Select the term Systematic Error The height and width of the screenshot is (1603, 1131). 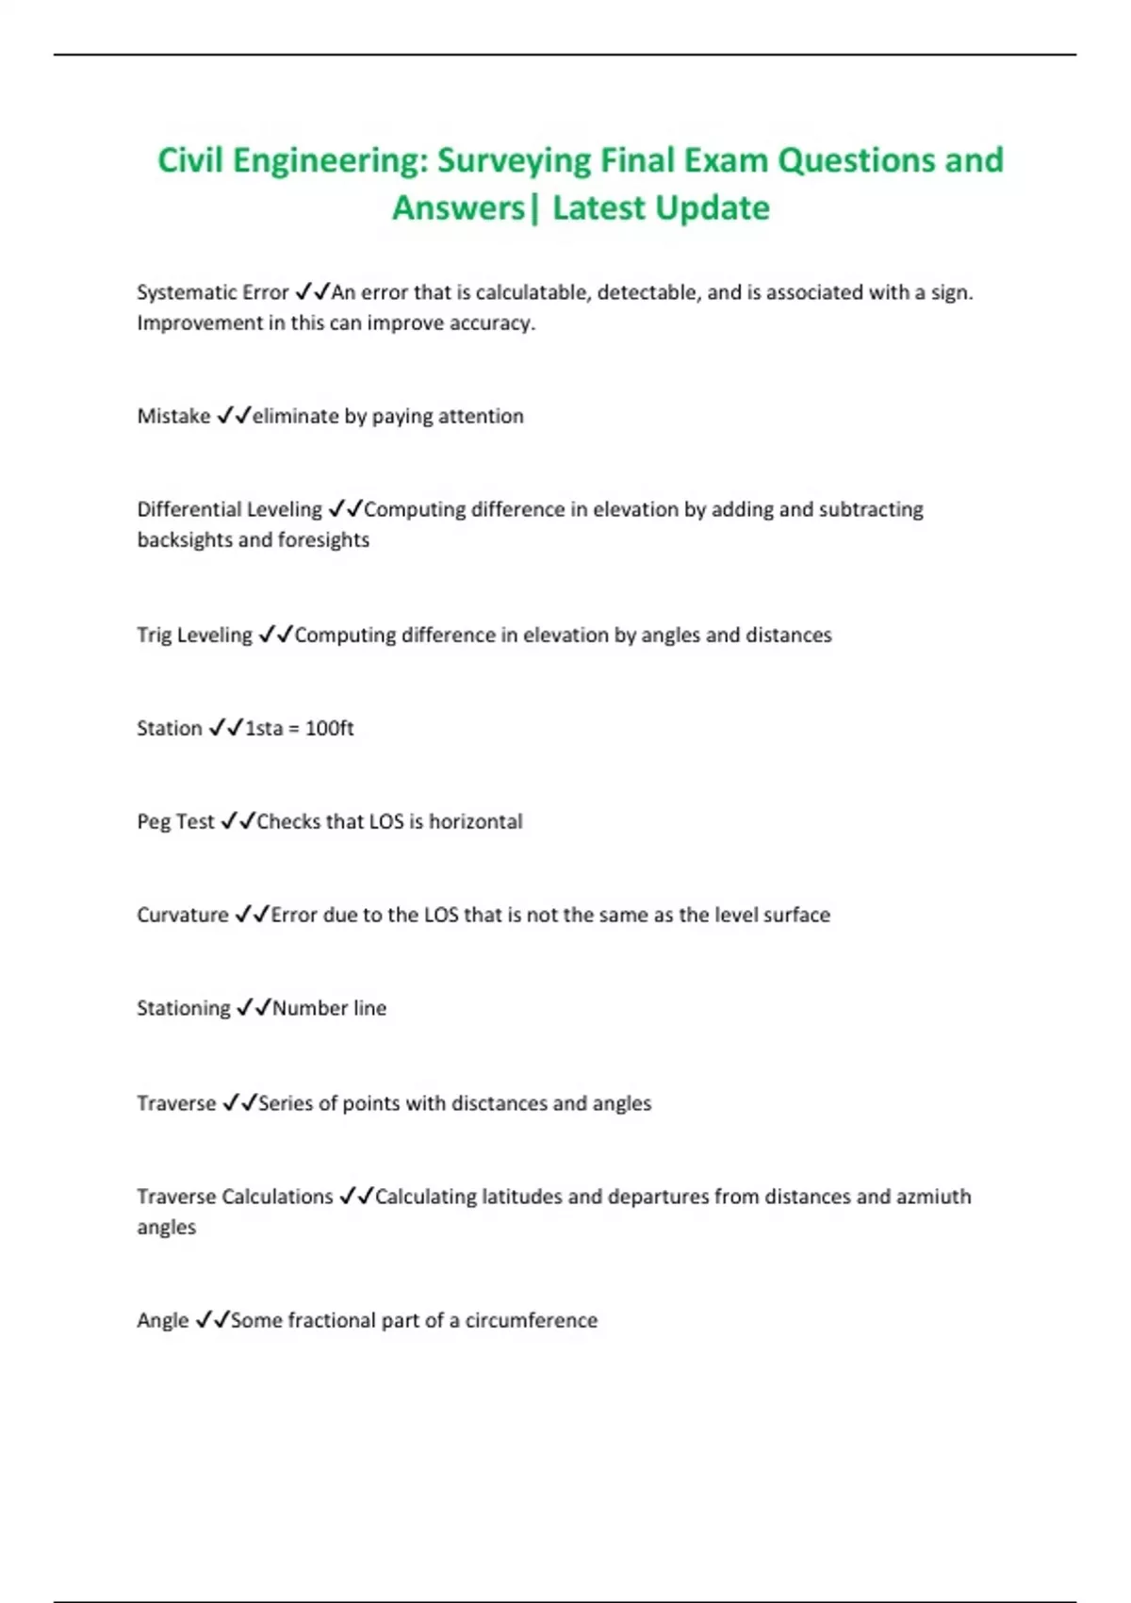point(212,293)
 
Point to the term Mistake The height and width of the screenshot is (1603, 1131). point(173,417)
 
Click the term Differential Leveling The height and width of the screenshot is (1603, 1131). point(229,510)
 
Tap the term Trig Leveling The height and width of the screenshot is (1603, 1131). point(194,636)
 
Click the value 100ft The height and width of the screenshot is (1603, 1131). point(329,729)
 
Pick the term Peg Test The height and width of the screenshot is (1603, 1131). point(175,822)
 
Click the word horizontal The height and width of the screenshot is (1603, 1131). point(475,822)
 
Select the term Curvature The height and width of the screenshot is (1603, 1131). point(182,916)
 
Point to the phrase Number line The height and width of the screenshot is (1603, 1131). point(329,1009)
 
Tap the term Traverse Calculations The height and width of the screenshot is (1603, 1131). point(235,1198)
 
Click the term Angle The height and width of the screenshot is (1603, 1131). point(162,1321)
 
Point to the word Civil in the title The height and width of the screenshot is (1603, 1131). point(190,161)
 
